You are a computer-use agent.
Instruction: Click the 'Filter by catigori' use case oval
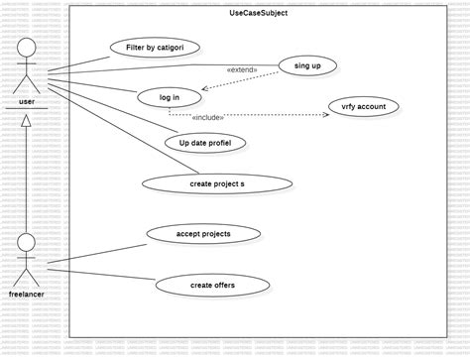tap(155, 48)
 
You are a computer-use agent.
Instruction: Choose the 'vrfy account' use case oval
tap(363, 106)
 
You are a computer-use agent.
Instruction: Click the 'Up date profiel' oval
tap(205, 143)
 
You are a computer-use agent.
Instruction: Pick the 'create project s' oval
tap(217, 183)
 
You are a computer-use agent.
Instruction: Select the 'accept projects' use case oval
tap(203, 234)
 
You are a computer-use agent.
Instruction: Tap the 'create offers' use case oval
tap(212, 286)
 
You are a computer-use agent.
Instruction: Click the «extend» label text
tap(242, 70)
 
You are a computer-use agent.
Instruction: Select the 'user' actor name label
tap(27, 100)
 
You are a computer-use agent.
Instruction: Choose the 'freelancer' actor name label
tap(27, 295)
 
